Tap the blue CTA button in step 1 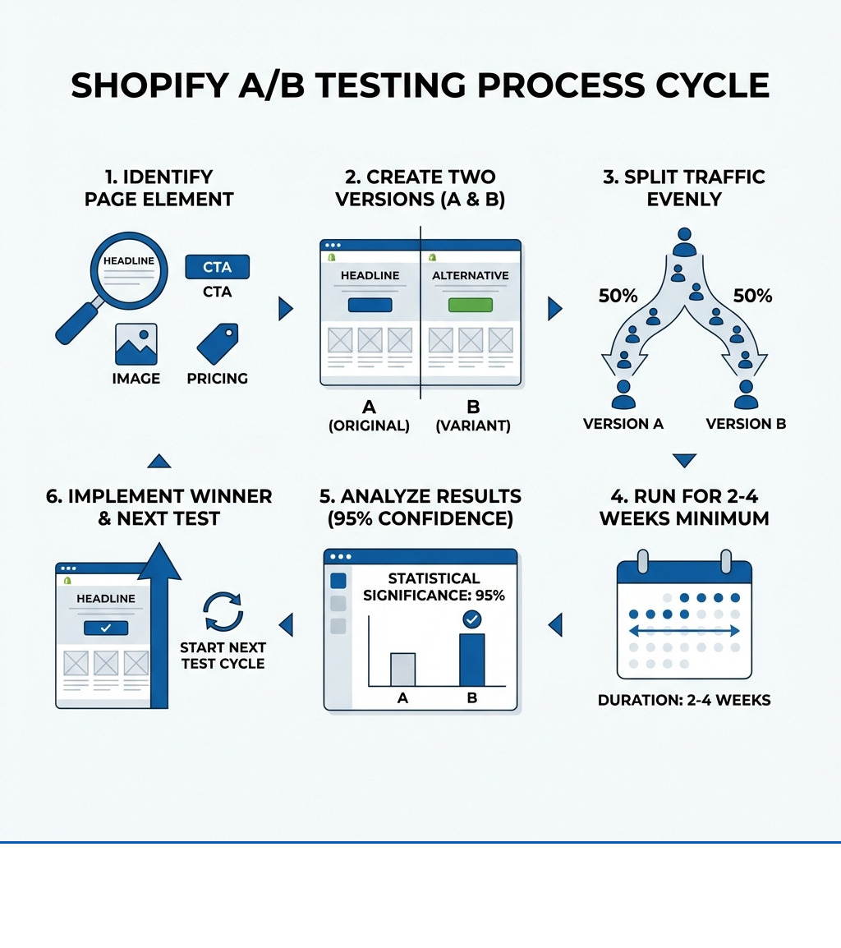[x=217, y=267]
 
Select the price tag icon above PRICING [x=218, y=343]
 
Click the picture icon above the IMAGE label [x=136, y=343]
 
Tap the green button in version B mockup [x=470, y=306]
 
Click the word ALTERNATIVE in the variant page [x=470, y=275]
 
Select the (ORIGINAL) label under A [x=369, y=426]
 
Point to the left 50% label [x=618, y=297]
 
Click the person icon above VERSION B [x=746, y=394]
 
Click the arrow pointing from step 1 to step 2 [x=285, y=309]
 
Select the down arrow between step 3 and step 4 [x=684, y=460]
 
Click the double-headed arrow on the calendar [x=684, y=631]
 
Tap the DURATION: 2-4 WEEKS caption [x=684, y=701]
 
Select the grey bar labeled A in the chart [x=402, y=669]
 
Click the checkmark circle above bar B [x=472, y=619]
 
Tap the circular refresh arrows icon [x=223, y=613]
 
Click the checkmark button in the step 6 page [x=106, y=628]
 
